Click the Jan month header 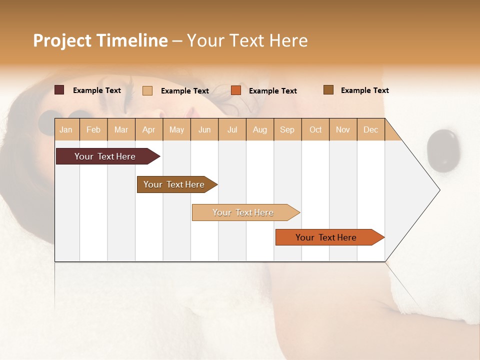pyautogui.click(x=66, y=129)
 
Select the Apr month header pyautogui.click(x=148, y=129)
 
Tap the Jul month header pyautogui.click(x=232, y=129)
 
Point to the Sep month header pyautogui.click(x=287, y=129)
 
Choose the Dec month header pyautogui.click(x=370, y=129)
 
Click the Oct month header pyautogui.click(x=315, y=129)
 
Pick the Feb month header pyautogui.click(x=93, y=129)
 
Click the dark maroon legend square pyautogui.click(x=59, y=90)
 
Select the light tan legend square pyautogui.click(x=147, y=90)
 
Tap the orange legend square pyautogui.click(x=236, y=90)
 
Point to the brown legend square pyautogui.click(x=328, y=89)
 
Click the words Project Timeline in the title pyautogui.click(x=100, y=40)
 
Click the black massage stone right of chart pyautogui.click(x=442, y=150)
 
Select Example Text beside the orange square pyautogui.click(x=272, y=91)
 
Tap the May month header pyautogui.click(x=176, y=129)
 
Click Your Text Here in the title pyautogui.click(x=247, y=40)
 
